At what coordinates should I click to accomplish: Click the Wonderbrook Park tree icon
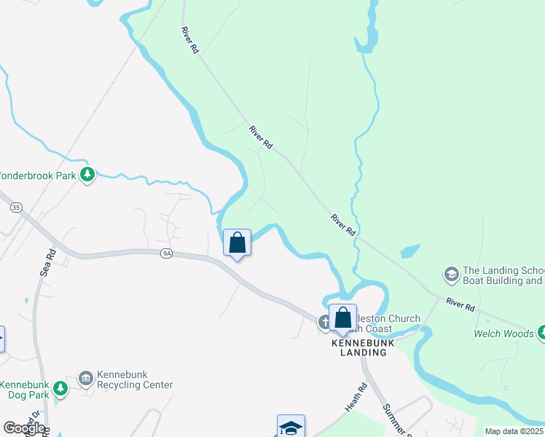[87, 175]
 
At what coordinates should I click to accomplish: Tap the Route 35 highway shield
[16, 208]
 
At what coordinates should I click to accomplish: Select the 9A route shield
[167, 253]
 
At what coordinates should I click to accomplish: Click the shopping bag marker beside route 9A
[238, 243]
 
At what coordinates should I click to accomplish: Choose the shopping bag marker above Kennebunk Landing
[342, 318]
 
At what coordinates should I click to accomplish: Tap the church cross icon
[324, 321]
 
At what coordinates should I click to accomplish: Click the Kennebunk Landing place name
[359, 347]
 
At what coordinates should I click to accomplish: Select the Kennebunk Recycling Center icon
[85, 377]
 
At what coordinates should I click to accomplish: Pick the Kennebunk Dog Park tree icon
[60, 389]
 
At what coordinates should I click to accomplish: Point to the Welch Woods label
[503, 334]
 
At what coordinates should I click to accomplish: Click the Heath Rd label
[354, 398]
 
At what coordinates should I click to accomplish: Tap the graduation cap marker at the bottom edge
[290, 428]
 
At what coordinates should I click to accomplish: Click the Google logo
[24, 428]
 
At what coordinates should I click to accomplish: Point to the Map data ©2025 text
[514, 431]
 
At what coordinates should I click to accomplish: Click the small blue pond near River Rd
[409, 252]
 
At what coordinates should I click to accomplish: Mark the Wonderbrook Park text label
[36, 176]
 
